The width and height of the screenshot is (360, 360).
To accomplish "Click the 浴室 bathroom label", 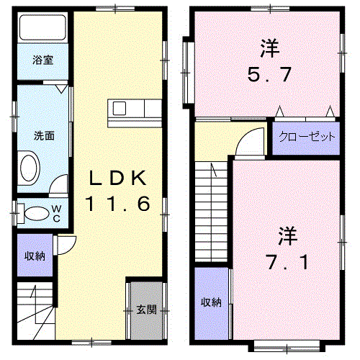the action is coord(42,60).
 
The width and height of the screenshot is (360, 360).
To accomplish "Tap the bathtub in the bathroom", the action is coord(42,27).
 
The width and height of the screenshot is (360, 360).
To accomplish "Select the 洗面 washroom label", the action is coord(44,136).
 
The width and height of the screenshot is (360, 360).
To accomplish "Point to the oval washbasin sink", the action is coord(30,168).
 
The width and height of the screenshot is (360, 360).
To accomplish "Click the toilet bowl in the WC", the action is coord(37,214).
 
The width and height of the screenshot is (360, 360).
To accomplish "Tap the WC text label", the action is coord(57,214).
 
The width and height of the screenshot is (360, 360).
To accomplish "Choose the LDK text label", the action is coord(117,178).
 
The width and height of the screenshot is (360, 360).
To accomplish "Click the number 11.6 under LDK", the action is coord(117,204).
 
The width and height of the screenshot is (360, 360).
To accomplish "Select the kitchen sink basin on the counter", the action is coord(120,109).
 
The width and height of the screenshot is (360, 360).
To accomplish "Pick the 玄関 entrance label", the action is coord(146,310).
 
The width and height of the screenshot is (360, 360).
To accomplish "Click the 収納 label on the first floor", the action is coord(35,256).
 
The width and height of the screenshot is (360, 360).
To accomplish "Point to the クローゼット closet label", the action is coord(307,137).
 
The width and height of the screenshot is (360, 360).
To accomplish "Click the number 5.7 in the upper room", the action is coord(269,75).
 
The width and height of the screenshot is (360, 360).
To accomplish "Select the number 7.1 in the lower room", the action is coord(287,262).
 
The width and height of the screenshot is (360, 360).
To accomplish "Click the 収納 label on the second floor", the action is coord(211,302).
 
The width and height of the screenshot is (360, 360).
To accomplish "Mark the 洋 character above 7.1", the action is coord(288,236).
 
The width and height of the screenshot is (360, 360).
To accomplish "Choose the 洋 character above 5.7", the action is coord(270,48).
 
